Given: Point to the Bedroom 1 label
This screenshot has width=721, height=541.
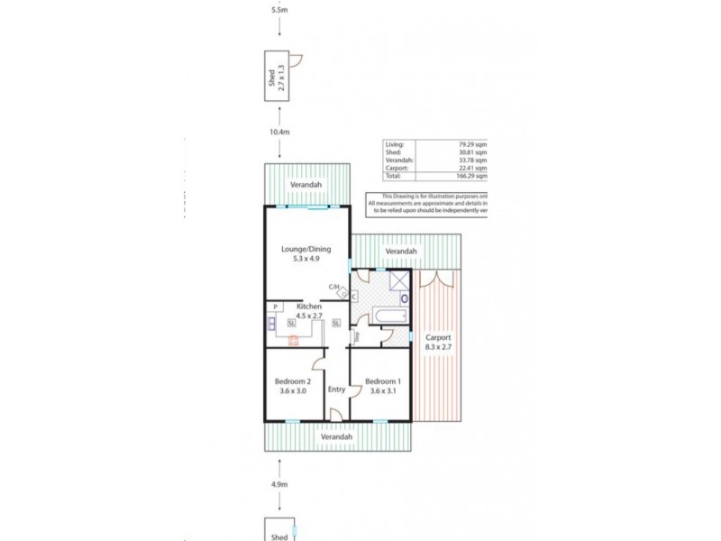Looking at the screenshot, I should click(382, 385).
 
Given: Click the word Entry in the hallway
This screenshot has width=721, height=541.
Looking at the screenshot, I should click(337, 390).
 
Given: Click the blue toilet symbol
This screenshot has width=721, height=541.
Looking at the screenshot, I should click(404, 298).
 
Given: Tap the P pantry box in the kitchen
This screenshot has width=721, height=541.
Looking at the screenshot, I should click(272, 307).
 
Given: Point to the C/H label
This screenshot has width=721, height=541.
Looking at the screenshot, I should click(333, 288).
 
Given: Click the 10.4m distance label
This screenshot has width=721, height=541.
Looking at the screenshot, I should click(280, 132).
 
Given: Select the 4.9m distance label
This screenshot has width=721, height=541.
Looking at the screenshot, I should click(280, 484).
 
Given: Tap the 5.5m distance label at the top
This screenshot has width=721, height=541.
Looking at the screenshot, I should click(280, 12).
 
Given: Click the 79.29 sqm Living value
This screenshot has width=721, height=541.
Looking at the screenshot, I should click(474, 143).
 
